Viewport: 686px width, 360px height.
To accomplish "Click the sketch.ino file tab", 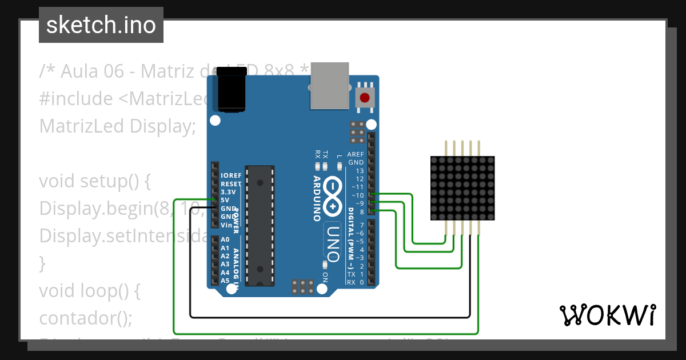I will (x=101, y=25).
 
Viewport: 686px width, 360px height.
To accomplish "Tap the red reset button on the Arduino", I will (x=365, y=98).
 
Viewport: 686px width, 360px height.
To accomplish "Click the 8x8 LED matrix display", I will (x=462, y=188).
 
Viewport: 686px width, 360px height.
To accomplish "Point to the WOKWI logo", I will (x=607, y=315).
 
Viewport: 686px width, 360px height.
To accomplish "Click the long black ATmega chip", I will (x=260, y=225).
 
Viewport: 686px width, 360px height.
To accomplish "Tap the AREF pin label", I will (x=356, y=155).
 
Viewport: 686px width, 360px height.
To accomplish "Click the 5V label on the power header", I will (x=225, y=200).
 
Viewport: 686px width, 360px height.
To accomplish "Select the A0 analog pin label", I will (x=225, y=240).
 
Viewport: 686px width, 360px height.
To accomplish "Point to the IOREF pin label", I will (x=230, y=176).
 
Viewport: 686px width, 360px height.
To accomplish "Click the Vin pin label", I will (x=226, y=225).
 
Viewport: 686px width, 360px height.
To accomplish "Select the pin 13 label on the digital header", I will (x=360, y=171).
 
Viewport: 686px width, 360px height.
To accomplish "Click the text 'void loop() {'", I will (x=90, y=291).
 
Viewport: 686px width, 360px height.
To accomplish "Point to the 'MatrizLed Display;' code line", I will (x=114, y=126).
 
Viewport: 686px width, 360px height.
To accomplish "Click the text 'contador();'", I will (x=85, y=318).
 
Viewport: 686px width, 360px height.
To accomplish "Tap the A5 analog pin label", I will (x=225, y=281).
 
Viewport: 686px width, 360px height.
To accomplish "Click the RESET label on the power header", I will (x=231, y=184).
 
